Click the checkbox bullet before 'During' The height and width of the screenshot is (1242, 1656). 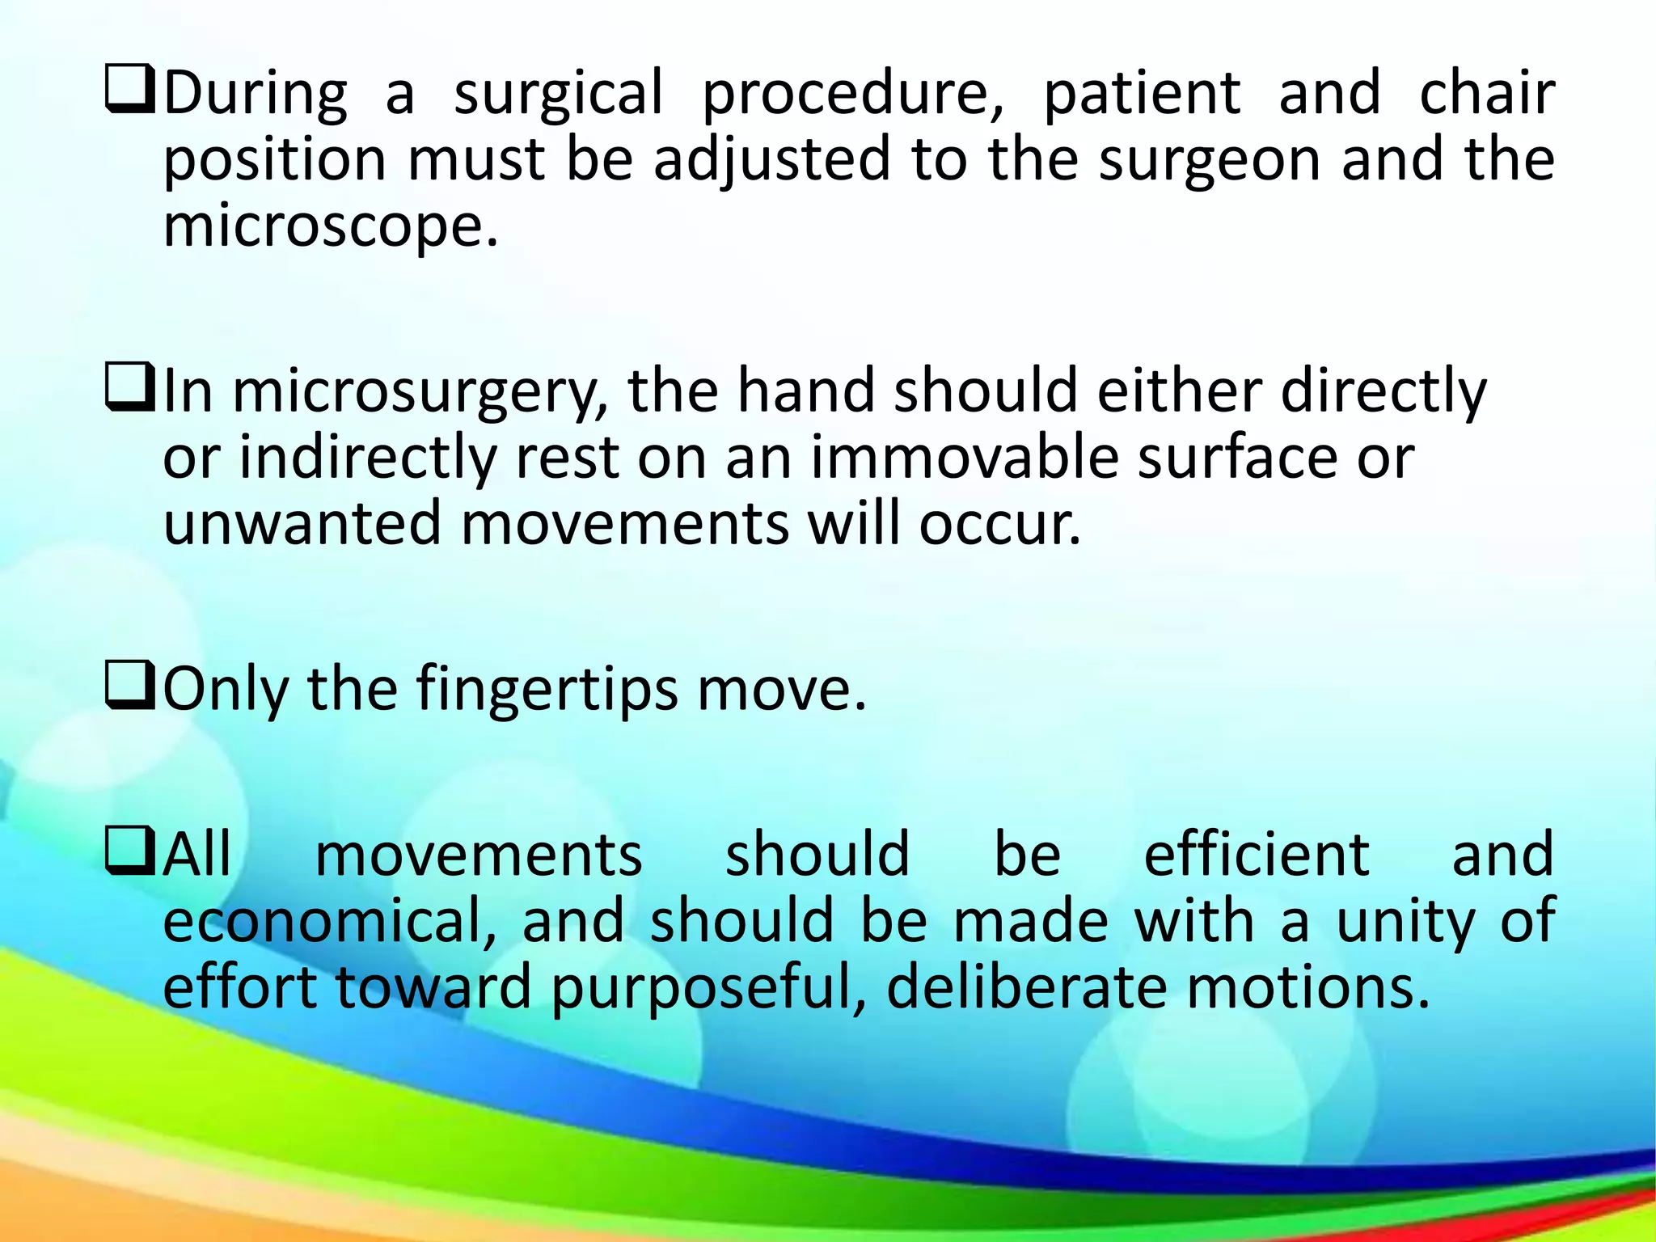pyautogui.click(x=129, y=91)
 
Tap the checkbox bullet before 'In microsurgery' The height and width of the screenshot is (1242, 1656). pyautogui.click(x=129, y=389)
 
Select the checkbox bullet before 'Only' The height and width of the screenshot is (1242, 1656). pyautogui.click(x=129, y=687)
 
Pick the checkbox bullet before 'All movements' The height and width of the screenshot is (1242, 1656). pyautogui.click(x=129, y=854)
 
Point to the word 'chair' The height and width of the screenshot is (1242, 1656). pyautogui.click(x=1486, y=93)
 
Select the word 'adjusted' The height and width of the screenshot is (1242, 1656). pyautogui.click(x=771, y=160)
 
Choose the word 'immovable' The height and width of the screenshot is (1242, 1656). pyautogui.click(x=964, y=458)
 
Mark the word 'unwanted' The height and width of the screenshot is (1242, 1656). pyautogui.click(x=302, y=524)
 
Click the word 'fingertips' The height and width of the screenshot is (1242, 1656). pyautogui.click(x=547, y=690)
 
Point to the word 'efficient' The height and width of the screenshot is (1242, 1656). pyautogui.click(x=1256, y=855)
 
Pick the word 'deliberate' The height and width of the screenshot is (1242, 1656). pyautogui.click(x=1026, y=987)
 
